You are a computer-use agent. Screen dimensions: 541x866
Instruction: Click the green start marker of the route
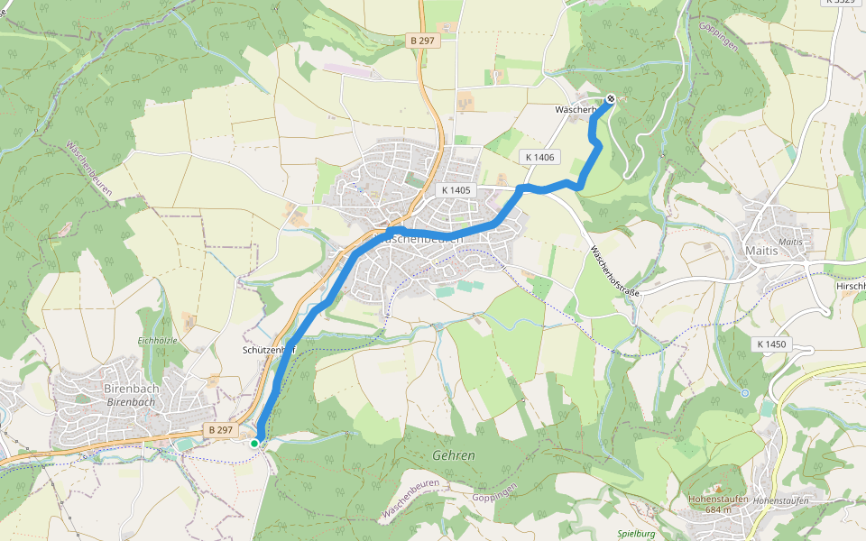(255, 443)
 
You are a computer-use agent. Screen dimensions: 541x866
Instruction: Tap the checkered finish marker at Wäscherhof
(611, 99)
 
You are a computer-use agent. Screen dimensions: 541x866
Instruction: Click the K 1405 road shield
(457, 190)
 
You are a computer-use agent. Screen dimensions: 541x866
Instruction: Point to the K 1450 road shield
(772, 344)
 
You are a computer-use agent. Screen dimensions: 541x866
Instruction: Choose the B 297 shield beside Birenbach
(219, 430)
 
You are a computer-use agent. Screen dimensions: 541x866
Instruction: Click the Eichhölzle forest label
(157, 340)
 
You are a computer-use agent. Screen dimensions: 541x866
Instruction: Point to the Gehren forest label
(453, 455)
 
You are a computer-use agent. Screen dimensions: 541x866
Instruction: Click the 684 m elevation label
(713, 509)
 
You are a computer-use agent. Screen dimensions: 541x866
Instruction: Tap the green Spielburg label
(639, 534)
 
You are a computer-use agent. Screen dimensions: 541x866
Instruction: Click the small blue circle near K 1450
(744, 393)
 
